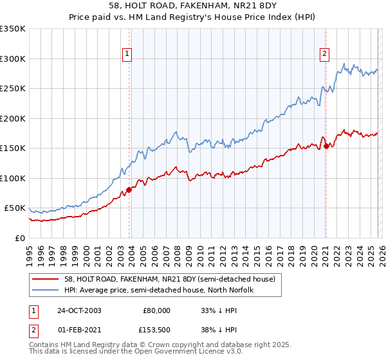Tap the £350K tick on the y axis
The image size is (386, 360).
click(13, 29)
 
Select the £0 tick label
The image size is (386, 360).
click(19, 238)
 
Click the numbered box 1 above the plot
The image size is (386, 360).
click(128, 54)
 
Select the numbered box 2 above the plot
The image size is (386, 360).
click(325, 54)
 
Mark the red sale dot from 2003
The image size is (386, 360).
click(129, 190)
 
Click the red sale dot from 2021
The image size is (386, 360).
click(326, 146)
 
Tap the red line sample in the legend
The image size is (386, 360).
click(46, 279)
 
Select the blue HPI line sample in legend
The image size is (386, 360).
click(46, 290)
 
